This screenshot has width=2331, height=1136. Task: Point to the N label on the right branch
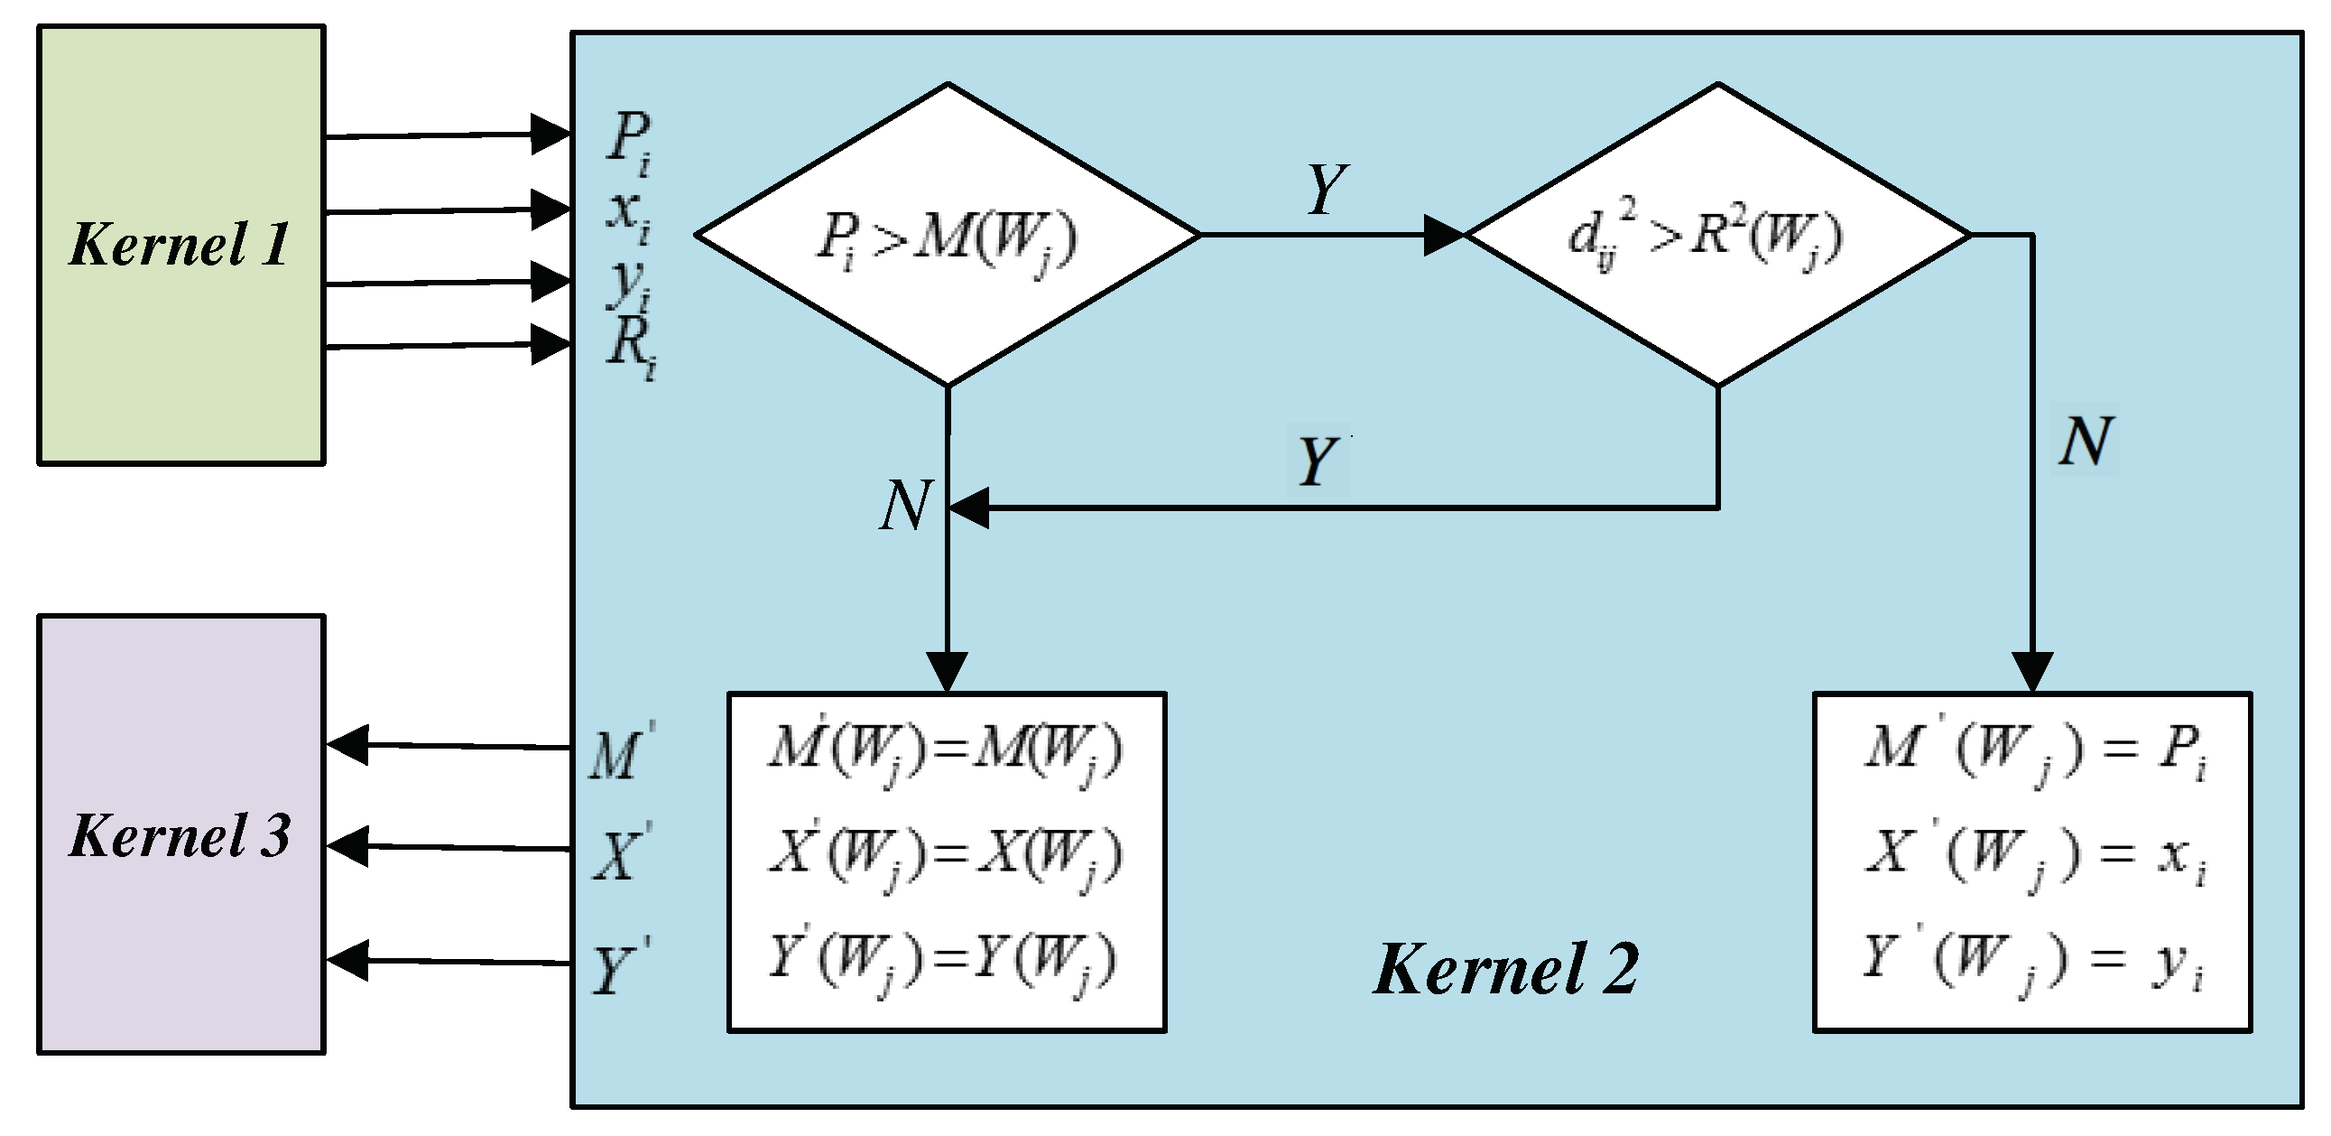pos(2085,442)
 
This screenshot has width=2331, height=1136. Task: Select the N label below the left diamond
pos(905,505)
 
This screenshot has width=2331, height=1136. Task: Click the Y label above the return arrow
pos(1317,461)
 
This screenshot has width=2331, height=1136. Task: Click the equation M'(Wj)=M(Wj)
pos(946,752)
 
